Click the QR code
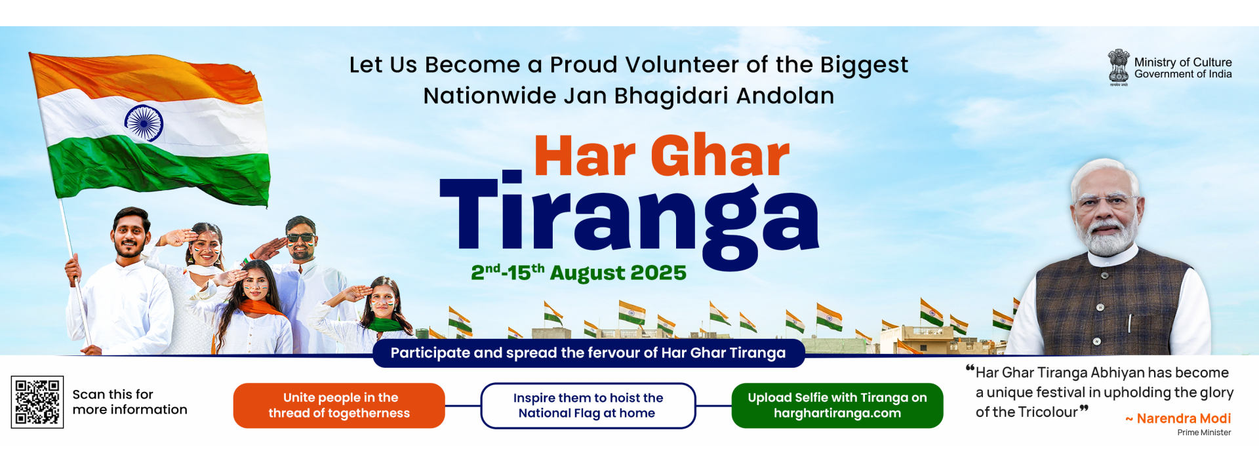tap(37, 402)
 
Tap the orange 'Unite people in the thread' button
tap(339, 406)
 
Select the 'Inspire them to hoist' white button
tap(588, 406)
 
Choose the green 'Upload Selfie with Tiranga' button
tap(837, 406)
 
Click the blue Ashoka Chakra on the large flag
tap(144, 123)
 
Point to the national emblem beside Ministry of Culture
tap(1119, 67)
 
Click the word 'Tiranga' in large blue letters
tap(629, 220)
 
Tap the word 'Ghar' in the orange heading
tap(720, 156)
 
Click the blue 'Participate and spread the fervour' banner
tap(588, 353)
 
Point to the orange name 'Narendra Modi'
tap(1184, 418)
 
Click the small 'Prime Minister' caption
tap(1204, 433)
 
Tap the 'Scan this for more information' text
tap(130, 402)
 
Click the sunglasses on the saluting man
tap(301, 238)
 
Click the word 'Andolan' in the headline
tap(785, 96)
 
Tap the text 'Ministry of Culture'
tap(1183, 62)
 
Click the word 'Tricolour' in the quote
tap(1046, 412)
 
